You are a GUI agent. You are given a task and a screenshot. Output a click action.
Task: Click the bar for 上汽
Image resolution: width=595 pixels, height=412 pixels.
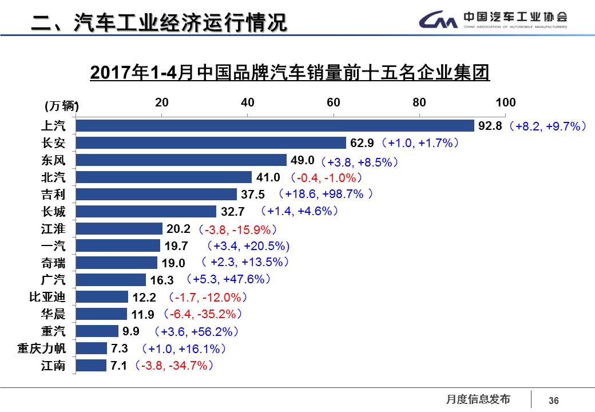click(275, 126)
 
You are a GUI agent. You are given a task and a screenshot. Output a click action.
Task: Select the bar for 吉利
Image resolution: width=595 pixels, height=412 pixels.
click(156, 195)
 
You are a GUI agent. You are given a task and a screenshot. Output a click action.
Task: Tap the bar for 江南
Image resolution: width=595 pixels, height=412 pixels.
click(91, 366)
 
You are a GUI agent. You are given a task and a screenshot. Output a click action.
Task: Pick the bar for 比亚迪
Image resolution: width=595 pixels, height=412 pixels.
click(102, 297)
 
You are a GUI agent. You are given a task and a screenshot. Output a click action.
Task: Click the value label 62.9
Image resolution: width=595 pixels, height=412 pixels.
click(362, 143)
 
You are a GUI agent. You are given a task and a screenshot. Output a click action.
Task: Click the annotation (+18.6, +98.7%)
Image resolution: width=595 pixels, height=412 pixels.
click(325, 194)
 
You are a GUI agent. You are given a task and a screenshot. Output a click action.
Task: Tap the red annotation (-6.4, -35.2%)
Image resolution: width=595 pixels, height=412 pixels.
click(203, 314)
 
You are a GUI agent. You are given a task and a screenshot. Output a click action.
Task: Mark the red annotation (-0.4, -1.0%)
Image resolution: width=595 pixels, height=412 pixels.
click(326, 177)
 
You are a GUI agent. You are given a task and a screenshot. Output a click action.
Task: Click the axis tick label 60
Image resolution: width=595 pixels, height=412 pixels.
click(334, 103)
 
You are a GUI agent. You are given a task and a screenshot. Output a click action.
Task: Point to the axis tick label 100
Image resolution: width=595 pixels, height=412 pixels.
click(505, 103)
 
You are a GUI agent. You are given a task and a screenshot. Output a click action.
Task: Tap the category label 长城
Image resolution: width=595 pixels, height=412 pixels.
click(53, 212)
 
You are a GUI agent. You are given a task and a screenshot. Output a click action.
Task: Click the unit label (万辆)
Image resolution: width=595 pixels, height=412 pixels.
click(61, 106)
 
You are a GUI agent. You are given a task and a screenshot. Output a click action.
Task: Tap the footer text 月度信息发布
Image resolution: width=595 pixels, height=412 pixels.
click(478, 399)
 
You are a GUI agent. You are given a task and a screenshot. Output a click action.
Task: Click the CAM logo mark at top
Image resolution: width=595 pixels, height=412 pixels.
click(438, 21)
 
